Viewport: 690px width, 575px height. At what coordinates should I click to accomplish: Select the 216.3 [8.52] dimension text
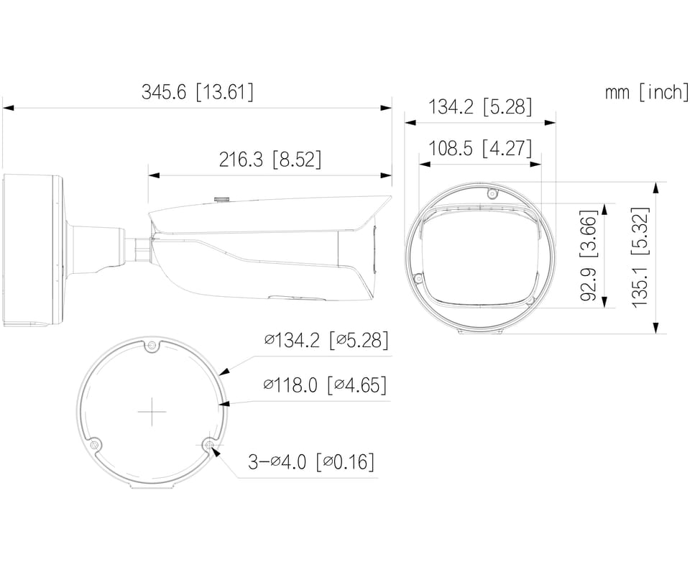(x=270, y=160)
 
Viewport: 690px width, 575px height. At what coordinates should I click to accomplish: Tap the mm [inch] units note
(x=646, y=93)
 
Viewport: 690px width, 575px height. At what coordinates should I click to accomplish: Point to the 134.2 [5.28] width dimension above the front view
(x=480, y=107)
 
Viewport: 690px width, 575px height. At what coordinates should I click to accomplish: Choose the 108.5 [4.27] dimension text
(x=480, y=148)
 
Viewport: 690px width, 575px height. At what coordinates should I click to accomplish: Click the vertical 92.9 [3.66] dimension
(x=589, y=256)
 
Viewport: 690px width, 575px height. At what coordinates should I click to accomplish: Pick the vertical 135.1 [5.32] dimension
(x=640, y=257)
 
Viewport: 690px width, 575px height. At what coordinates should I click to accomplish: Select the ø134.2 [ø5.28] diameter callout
(x=326, y=341)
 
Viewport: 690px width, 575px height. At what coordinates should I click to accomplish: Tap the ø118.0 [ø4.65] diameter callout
(x=325, y=385)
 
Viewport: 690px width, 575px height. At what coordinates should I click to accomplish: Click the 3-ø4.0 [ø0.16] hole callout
(x=311, y=462)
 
